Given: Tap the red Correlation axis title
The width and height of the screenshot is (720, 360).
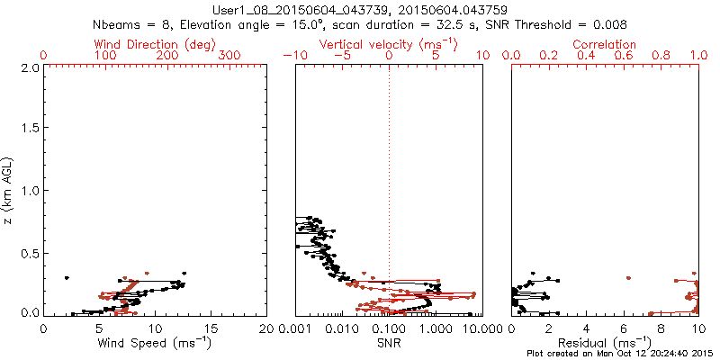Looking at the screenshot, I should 605,44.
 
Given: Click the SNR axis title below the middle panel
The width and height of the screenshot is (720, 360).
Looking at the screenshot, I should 389,342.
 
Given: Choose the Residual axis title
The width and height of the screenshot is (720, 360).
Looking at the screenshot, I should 605,342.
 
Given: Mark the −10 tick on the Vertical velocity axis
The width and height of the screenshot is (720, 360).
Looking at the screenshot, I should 293,56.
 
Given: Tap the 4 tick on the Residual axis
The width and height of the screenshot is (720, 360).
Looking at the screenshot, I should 587,328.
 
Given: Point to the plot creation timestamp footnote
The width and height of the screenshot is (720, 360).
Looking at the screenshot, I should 620,354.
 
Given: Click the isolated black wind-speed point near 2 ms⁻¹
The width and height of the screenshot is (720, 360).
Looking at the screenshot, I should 67,279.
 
